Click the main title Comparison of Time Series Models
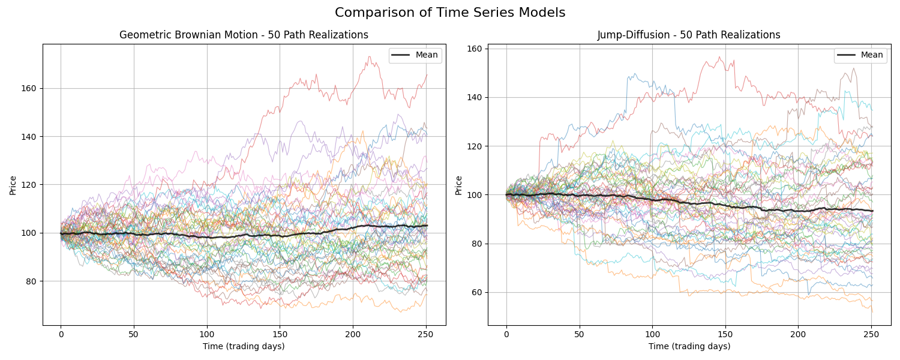click(450, 13)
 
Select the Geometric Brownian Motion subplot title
click(244, 35)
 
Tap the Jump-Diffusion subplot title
click(689, 35)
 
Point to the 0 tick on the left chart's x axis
click(61, 334)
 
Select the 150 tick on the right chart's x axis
click(725, 334)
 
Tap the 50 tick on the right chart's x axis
click(579, 334)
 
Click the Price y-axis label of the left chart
click(13, 185)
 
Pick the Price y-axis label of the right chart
click(459, 185)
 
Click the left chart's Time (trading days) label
click(244, 346)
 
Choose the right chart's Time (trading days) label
click(689, 346)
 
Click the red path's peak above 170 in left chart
click(368, 57)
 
